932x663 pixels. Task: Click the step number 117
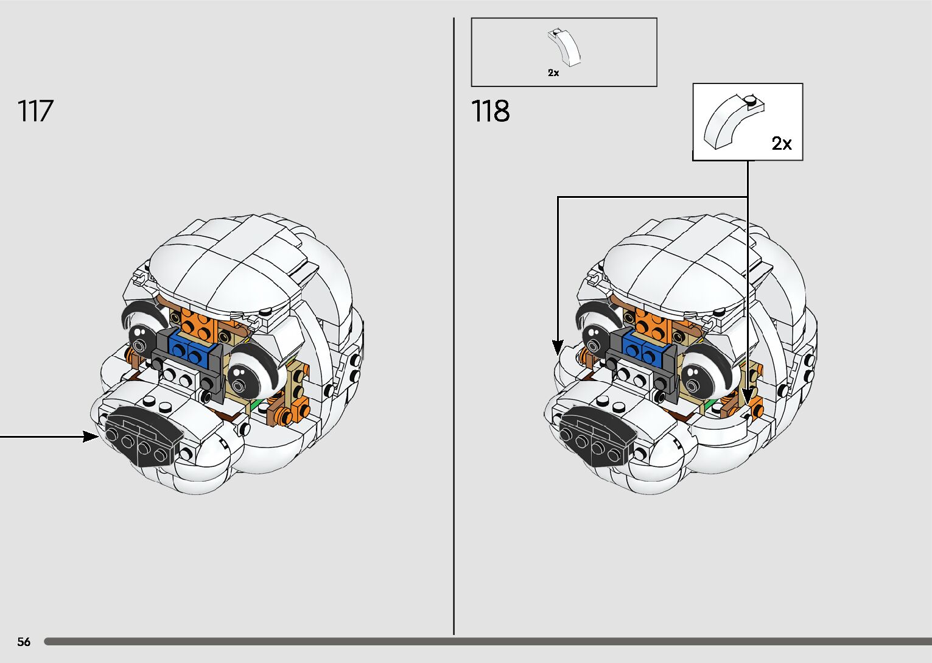click(x=35, y=111)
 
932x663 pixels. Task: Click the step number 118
click(x=490, y=111)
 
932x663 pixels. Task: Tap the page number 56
click(x=24, y=642)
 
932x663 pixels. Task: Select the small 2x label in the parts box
click(x=553, y=72)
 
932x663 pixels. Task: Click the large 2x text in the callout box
click(x=782, y=144)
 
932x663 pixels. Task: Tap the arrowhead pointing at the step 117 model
click(x=91, y=436)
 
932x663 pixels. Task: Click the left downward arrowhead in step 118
click(x=558, y=348)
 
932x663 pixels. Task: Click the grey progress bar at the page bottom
click(x=487, y=642)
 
